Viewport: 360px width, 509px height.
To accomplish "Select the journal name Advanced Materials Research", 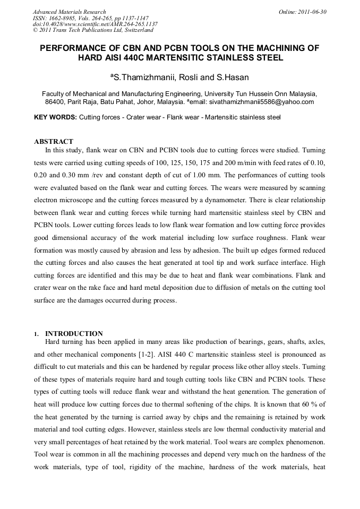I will (69, 12).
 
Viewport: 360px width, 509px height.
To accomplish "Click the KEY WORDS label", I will (55, 117).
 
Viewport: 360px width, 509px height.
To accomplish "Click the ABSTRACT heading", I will (54, 142).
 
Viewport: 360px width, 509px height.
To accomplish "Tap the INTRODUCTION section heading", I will (74, 334).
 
